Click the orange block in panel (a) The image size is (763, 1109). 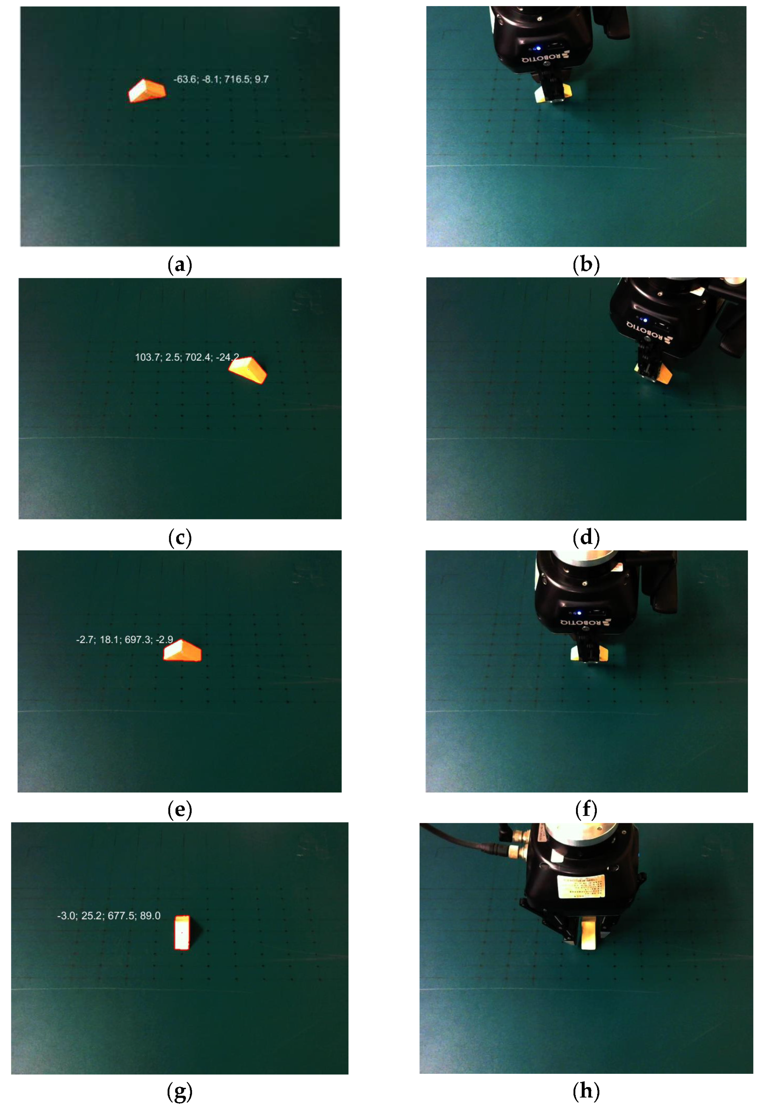[147, 90]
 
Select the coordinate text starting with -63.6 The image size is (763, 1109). [221, 79]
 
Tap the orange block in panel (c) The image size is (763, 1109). [248, 370]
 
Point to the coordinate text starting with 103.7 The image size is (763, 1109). [187, 357]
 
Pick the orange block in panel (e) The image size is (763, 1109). [182, 651]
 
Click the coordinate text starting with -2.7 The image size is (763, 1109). [124, 640]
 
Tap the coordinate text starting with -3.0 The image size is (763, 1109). [109, 916]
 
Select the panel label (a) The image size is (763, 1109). [180, 265]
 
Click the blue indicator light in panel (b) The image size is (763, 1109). [538, 48]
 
